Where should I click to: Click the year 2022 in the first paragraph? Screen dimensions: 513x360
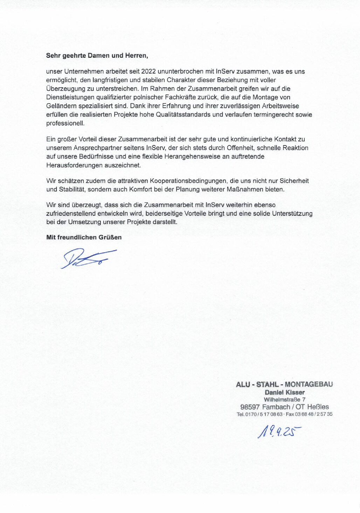[x=148, y=71]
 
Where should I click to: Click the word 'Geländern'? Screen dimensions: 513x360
[x=59, y=106]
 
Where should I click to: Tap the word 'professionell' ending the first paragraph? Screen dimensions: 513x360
[x=65, y=123]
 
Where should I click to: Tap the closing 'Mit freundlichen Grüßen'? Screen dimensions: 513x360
[x=84, y=237]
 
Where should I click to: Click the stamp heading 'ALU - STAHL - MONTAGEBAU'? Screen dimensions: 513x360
[x=284, y=384]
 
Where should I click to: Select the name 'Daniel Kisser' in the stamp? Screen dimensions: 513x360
[x=284, y=392]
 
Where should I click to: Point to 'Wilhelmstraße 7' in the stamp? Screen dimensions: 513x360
[x=284, y=399]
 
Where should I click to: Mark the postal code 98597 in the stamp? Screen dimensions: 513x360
[x=250, y=407]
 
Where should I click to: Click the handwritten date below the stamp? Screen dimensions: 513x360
[x=279, y=432]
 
